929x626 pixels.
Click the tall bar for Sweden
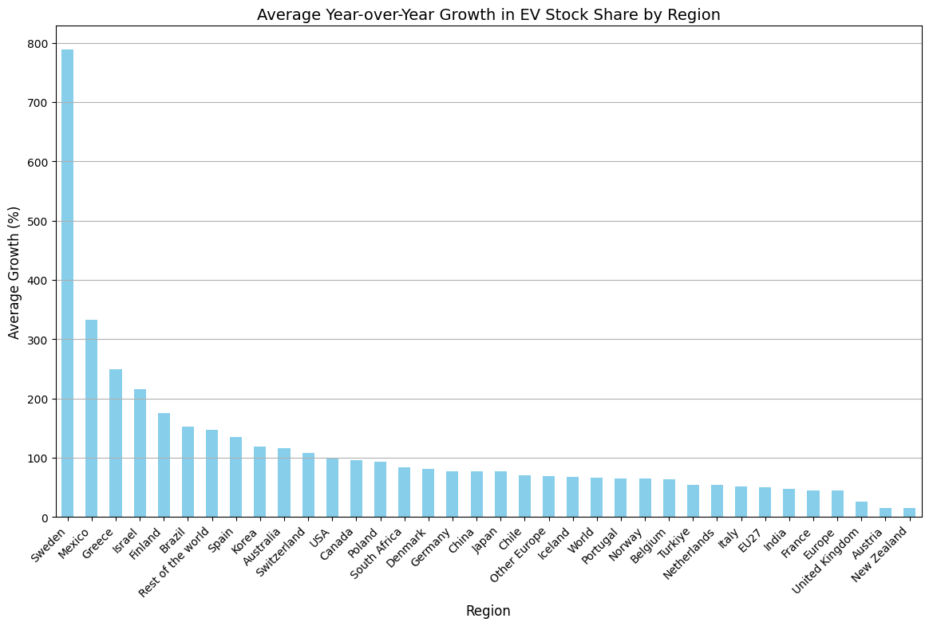pos(68,283)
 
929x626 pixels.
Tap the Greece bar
pos(116,443)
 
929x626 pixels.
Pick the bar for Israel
pos(140,453)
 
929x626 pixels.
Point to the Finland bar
pos(164,465)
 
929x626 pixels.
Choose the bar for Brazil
pos(188,472)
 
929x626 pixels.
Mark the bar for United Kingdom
pos(861,510)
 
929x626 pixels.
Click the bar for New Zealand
pos(909,513)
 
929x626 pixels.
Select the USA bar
pos(332,487)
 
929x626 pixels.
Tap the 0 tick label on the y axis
pos(44,518)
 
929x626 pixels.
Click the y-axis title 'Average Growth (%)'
pos(14,272)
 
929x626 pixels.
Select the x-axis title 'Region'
pos(488,611)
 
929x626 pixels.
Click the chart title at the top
pos(488,14)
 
